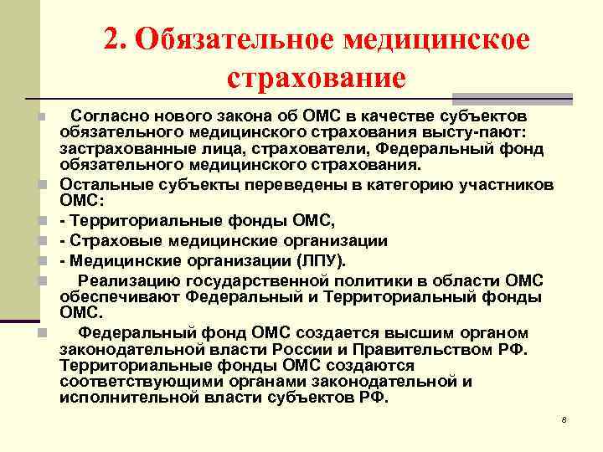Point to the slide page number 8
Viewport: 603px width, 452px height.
pyautogui.click(x=564, y=419)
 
